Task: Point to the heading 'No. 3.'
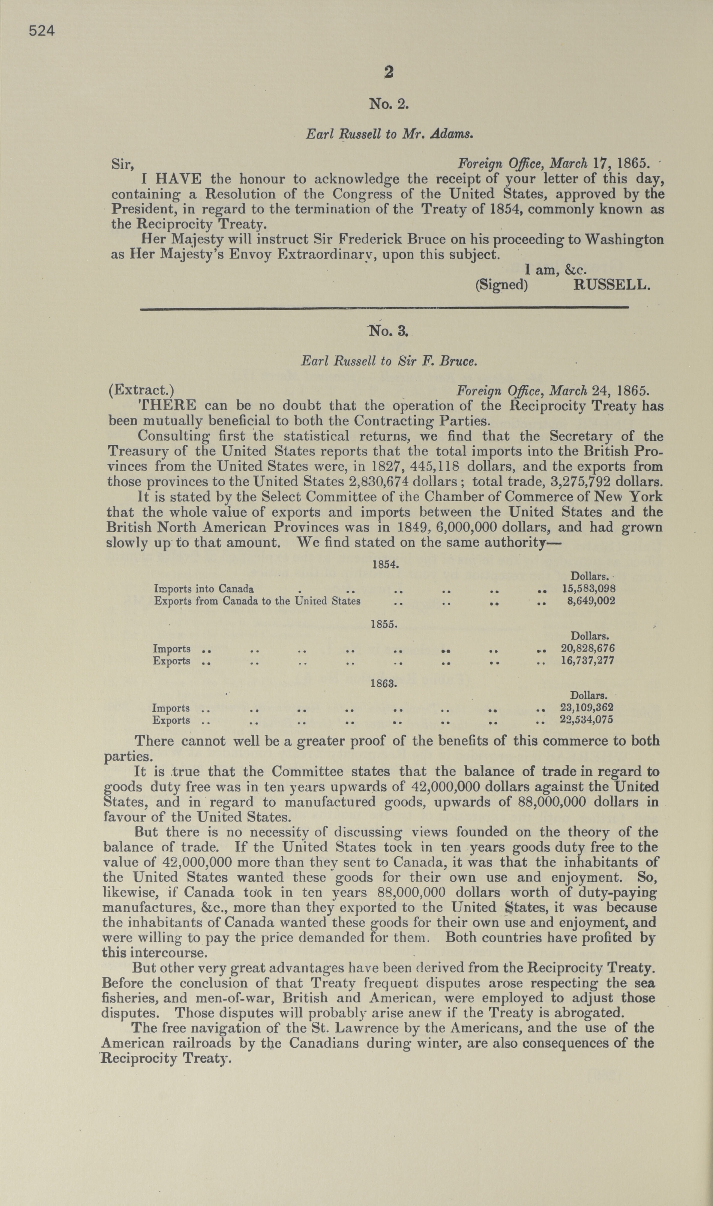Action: coord(388,331)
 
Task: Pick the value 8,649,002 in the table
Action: coord(591,601)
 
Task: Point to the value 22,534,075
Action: coord(587,720)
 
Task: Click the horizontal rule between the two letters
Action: coord(384,308)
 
